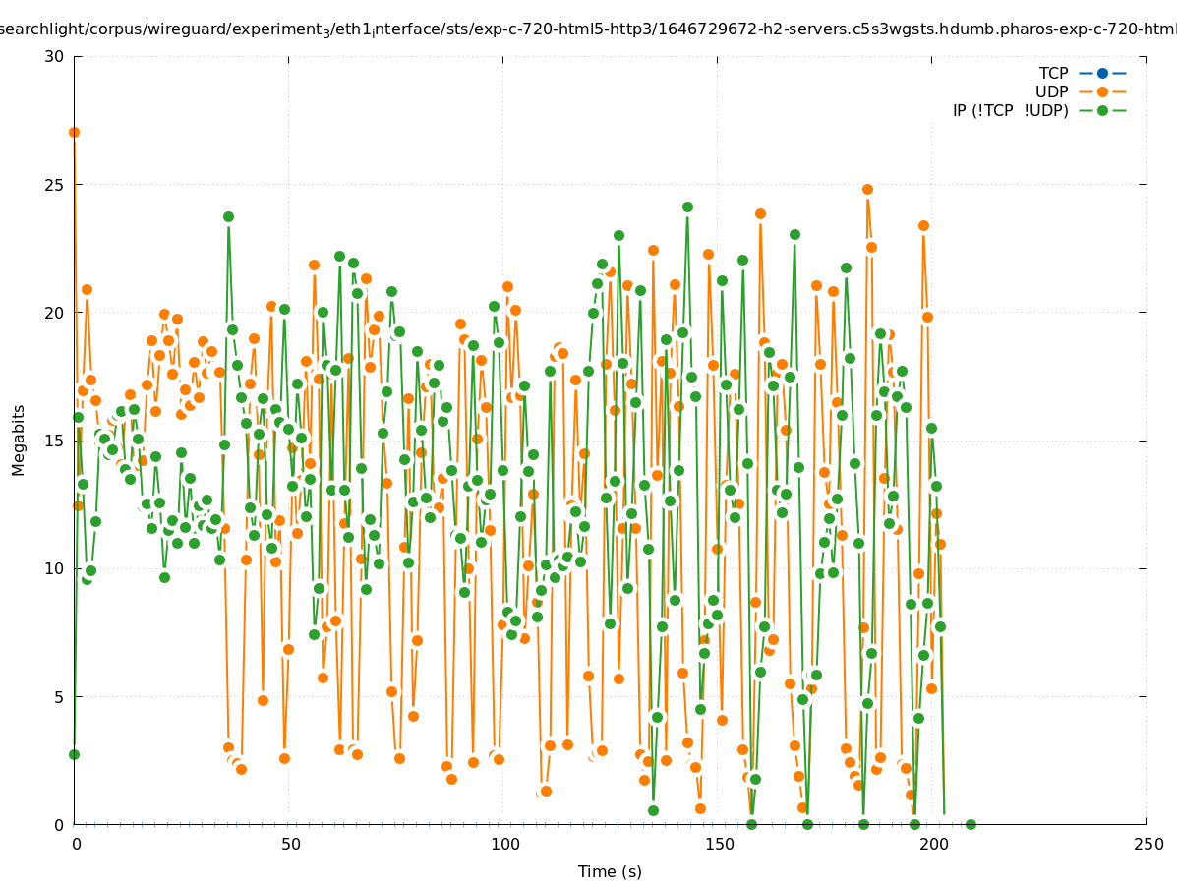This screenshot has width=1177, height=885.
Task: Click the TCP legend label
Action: click(x=1053, y=73)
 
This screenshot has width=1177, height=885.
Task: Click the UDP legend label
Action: click(x=1051, y=91)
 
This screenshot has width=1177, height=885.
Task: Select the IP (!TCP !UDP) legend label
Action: click(x=1010, y=110)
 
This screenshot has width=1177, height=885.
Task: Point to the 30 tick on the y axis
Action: click(x=55, y=56)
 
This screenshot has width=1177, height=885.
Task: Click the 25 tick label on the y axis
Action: click(x=55, y=185)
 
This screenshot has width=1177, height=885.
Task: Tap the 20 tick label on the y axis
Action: click(x=55, y=313)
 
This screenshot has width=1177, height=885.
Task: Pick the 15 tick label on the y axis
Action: click(x=55, y=441)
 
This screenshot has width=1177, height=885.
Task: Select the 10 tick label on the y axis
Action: click(x=55, y=568)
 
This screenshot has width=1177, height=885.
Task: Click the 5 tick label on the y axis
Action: click(x=59, y=697)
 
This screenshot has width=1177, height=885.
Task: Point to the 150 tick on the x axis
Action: click(x=718, y=844)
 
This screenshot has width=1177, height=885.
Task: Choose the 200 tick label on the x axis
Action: click(x=932, y=844)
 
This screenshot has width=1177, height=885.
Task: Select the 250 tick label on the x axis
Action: click(x=1147, y=844)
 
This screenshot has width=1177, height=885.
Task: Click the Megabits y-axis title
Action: click(x=19, y=440)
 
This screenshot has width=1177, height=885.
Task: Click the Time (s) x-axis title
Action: click(x=610, y=871)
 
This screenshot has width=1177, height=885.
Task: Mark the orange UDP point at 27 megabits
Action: click(x=74, y=132)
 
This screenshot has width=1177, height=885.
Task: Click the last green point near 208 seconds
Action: click(x=971, y=824)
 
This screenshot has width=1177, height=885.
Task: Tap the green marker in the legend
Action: click(x=1102, y=110)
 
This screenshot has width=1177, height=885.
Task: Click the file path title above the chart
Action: click(x=588, y=29)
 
